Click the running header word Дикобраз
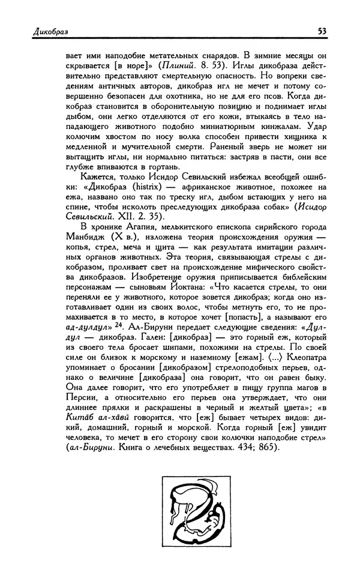(37, 31)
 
